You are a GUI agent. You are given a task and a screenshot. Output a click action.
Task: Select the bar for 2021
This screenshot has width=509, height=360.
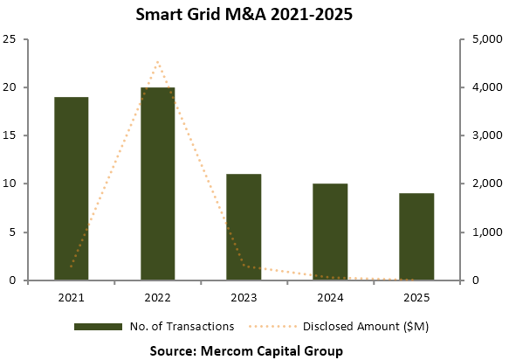pyautogui.click(x=72, y=188)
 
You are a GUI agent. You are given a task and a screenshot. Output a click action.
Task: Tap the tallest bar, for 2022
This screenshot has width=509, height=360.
pyautogui.click(x=157, y=183)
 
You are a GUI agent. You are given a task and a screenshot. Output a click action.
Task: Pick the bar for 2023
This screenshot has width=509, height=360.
pyautogui.click(x=244, y=226)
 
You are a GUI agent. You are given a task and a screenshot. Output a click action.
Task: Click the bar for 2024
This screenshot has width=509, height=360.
pyautogui.click(x=330, y=232)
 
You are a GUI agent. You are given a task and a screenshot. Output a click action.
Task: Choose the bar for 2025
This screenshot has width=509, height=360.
pyautogui.click(x=416, y=236)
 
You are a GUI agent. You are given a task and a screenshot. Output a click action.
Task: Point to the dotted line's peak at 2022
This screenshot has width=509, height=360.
pyautogui.click(x=157, y=62)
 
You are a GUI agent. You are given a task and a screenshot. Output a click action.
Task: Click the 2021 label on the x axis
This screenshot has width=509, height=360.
pyautogui.click(x=72, y=296)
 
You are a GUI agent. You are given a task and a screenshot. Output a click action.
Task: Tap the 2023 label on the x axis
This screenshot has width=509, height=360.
pyautogui.click(x=244, y=296)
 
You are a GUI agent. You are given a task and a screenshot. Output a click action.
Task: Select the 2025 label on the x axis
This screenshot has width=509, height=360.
pyautogui.click(x=416, y=296)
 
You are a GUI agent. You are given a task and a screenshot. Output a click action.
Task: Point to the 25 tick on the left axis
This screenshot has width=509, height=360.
pyautogui.click(x=10, y=39)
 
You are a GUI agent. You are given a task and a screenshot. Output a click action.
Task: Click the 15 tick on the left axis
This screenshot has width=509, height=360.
pyautogui.click(x=10, y=135)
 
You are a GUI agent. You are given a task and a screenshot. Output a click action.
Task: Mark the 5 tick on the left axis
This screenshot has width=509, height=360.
pyautogui.click(x=14, y=232)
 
